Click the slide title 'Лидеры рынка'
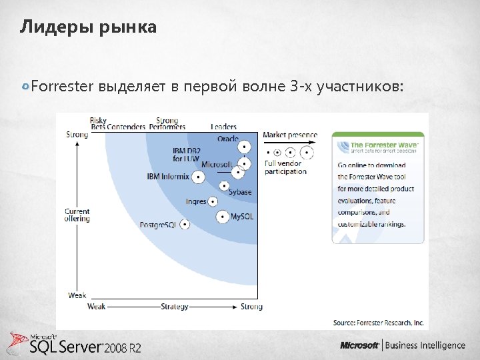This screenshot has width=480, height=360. [88, 27]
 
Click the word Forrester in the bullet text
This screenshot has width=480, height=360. [63, 86]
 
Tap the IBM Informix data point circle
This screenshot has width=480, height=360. [198, 177]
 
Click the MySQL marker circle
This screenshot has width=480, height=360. [222, 217]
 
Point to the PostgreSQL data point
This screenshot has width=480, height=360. [184, 225]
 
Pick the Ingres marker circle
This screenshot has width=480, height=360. [213, 201]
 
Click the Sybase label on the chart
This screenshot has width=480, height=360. [240, 192]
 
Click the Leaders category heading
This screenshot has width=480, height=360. [223, 127]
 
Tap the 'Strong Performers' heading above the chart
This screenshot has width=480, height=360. [167, 123]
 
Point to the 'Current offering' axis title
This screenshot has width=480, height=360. [77, 215]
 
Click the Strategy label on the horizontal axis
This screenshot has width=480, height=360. [174, 307]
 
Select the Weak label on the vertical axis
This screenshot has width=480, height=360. [77, 295]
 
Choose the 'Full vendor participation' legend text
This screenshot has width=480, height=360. [285, 167]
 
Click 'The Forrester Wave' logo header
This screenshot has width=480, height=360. [378, 146]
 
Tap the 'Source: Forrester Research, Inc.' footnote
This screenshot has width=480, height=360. [378, 323]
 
